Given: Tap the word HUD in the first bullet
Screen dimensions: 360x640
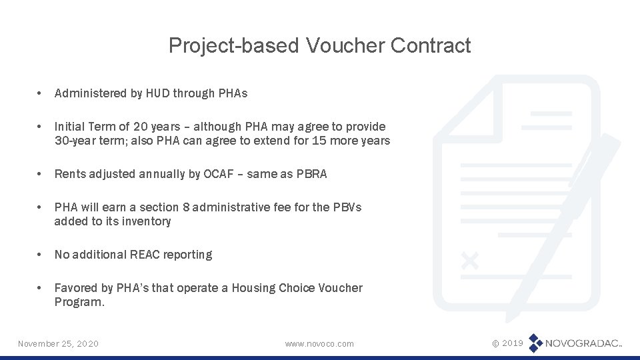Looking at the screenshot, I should coord(154,93).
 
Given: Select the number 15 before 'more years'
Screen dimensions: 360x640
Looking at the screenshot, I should coord(321,141).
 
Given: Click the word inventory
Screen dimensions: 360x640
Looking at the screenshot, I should coord(146,221).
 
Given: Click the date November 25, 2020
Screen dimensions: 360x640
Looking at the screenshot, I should coord(58,343).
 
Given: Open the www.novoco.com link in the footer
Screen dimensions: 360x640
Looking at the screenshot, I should coord(319,343).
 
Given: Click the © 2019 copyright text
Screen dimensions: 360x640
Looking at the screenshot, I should coord(507,343).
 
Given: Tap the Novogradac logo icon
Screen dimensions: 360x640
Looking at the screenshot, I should coord(535,343).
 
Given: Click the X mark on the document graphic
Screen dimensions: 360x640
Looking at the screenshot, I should coord(470,260).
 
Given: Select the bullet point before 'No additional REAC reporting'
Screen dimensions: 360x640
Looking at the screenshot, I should coord(41,255).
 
